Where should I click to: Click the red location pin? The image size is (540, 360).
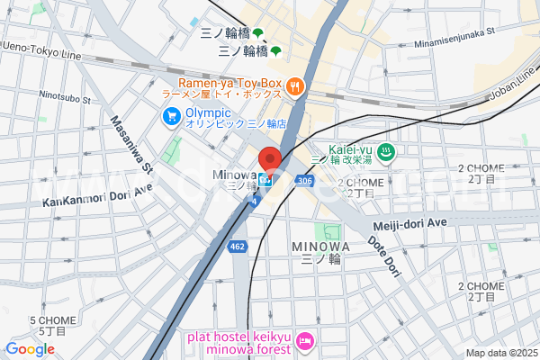270,157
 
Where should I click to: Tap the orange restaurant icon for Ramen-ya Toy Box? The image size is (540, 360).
296,86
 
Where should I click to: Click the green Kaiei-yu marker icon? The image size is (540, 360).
385,153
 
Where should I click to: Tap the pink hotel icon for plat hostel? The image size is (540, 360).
306,342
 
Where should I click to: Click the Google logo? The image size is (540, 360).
31,349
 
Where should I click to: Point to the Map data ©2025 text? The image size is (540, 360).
499,353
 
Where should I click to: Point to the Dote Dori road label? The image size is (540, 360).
383,255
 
